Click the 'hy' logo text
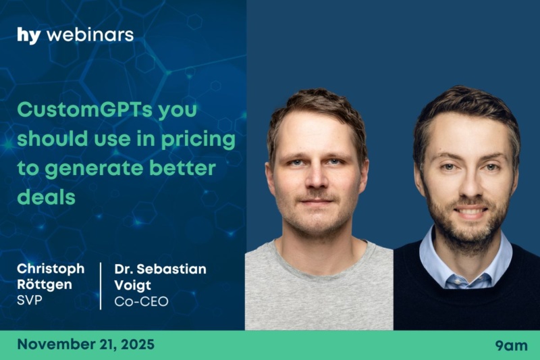(x=29, y=36)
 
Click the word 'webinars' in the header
(x=90, y=35)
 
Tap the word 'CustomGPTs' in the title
(x=85, y=109)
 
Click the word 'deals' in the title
(x=46, y=197)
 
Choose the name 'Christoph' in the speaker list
(x=51, y=269)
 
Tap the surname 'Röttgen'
(x=45, y=284)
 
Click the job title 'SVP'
(x=30, y=301)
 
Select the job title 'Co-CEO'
(x=141, y=301)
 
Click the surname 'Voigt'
(x=132, y=285)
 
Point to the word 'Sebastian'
(x=171, y=269)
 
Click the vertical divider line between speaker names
(x=101, y=286)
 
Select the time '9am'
(x=512, y=346)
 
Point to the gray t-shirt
(x=319, y=289)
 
